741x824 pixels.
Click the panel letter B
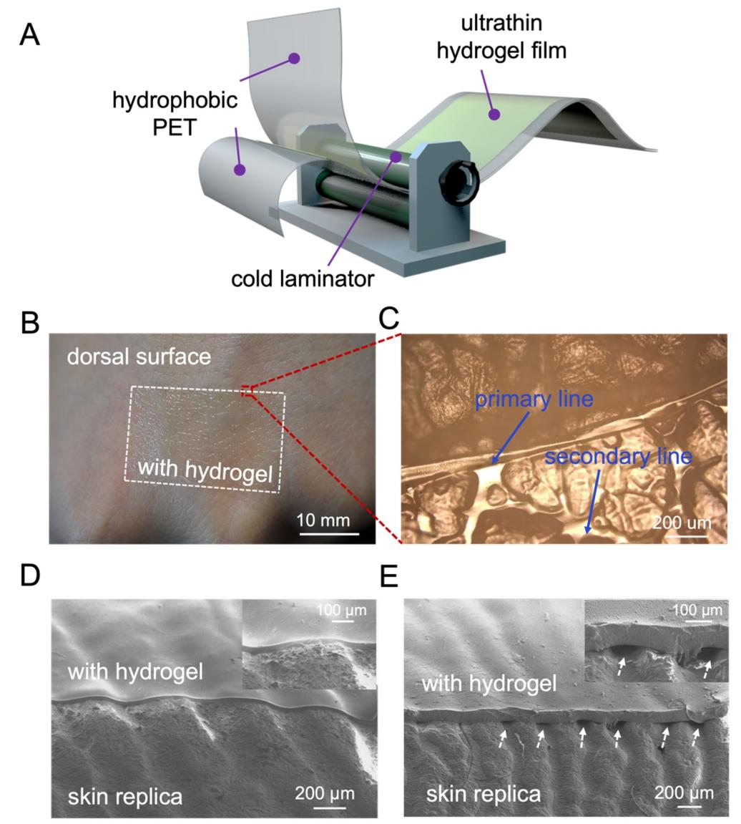pos(30,323)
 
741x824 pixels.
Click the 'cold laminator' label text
pos(302,278)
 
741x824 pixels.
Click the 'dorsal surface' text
pos(139,356)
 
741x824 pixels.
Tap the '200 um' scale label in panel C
pos(681,521)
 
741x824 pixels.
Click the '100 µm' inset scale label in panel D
pos(340,611)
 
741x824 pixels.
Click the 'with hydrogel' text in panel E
pos(489,683)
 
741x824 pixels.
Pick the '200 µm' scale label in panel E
pos(684,793)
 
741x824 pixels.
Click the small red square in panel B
pos(247,389)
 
